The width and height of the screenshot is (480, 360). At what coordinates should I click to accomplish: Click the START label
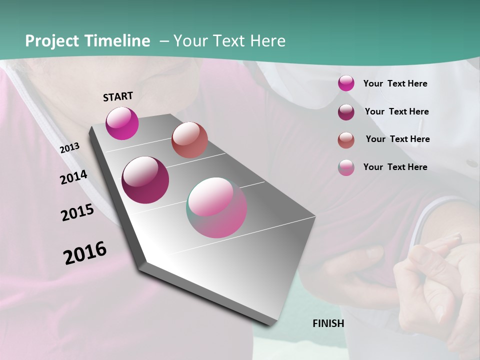pyautogui.click(x=118, y=96)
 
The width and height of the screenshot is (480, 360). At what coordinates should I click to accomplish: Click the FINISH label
pyautogui.click(x=328, y=323)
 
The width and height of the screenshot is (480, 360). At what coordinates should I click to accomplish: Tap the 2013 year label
pyautogui.click(x=70, y=148)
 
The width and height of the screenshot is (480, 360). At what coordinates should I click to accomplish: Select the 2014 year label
pyautogui.click(x=74, y=177)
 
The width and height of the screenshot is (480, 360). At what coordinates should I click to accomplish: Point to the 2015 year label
pyautogui.click(x=77, y=212)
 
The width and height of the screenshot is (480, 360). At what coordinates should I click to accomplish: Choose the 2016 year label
pyautogui.click(x=85, y=252)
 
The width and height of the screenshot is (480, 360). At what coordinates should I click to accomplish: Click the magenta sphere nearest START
pyautogui.click(x=122, y=123)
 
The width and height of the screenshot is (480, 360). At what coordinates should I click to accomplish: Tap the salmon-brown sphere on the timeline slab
pyautogui.click(x=189, y=140)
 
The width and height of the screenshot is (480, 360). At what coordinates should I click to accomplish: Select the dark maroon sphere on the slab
pyautogui.click(x=145, y=180)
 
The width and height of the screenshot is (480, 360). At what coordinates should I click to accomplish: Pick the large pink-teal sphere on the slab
pyautogui.click(x=216, y=207)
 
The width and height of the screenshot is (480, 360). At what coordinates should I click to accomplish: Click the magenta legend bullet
pyautogui.click(x=346, y=83)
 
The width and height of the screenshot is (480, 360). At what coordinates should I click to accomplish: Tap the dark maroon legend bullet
pyautogui.click(x=346, y=112)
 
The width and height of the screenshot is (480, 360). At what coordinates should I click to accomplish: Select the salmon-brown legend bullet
pyautogui.click(x=346, y=140)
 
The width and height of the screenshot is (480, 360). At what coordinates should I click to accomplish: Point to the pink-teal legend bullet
pyautogui.click(x=346, y=167)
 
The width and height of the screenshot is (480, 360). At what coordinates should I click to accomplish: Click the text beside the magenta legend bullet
pyautogui.click(x=395, y=84)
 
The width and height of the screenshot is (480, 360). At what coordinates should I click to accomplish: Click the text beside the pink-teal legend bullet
pyautogui.click(x=395, y=167)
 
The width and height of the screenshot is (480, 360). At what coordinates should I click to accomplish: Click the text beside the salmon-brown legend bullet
pyautogui.click(x=397, y=139)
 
